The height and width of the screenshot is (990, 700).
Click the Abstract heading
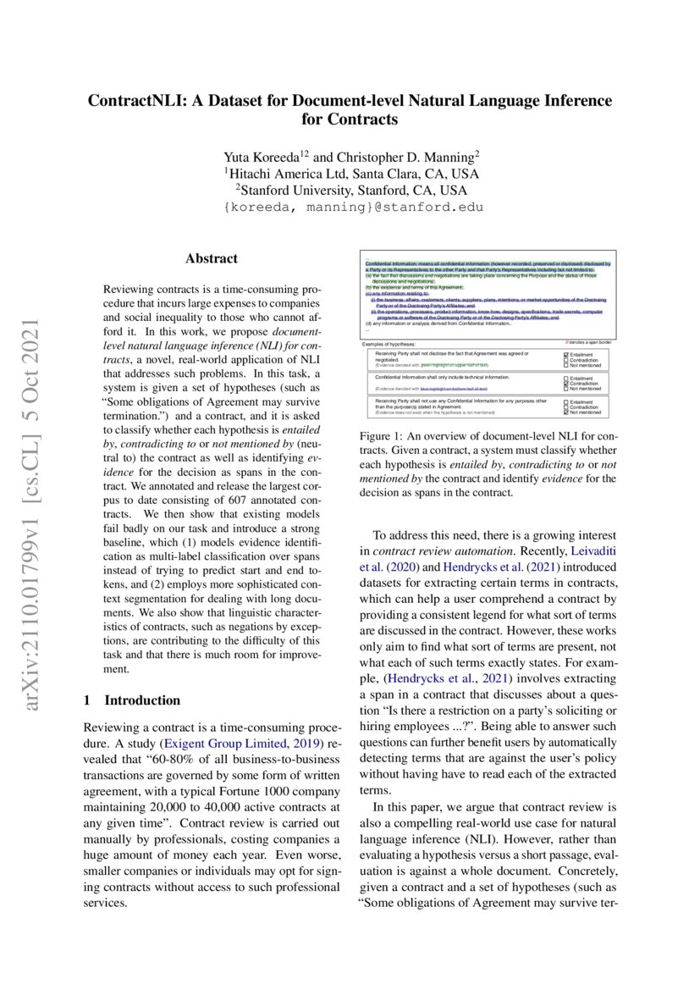(212, 259)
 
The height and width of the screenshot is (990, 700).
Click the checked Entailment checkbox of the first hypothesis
(565, 355)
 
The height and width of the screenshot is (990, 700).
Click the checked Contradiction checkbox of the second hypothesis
(565, 383)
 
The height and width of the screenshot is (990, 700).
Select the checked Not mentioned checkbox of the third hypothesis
(565, 412)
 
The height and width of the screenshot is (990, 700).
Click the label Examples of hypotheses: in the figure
(389, 344)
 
